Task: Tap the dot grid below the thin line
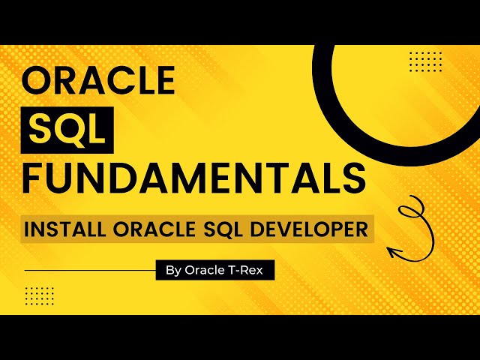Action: (x=40, y=295)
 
